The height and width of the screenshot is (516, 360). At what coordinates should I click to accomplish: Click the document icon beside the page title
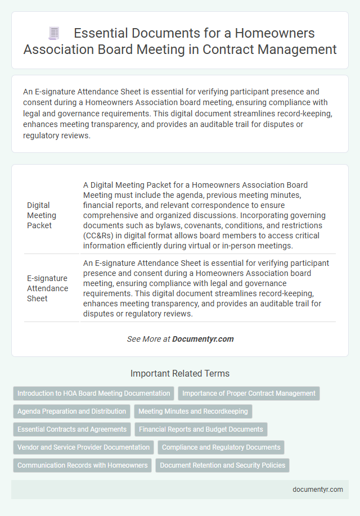(55, 34)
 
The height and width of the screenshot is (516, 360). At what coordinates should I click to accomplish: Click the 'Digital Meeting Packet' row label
(42, 215)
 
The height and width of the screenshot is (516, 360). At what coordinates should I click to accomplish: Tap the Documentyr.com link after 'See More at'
(202, 339)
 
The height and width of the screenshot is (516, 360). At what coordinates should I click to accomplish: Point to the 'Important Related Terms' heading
(180, 373)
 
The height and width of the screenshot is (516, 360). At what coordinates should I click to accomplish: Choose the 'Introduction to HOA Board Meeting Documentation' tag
(93, 393)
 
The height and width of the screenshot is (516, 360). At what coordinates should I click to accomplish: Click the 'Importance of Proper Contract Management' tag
(249, 393)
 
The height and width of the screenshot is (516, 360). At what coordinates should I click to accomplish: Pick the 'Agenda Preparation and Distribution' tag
(71, 411)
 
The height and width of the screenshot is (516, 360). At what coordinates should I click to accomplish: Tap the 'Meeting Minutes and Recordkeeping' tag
(193, 411)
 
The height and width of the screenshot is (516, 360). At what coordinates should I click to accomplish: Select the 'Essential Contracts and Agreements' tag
(72, 429)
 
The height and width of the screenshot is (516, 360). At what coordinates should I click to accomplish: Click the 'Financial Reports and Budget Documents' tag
(201, 429)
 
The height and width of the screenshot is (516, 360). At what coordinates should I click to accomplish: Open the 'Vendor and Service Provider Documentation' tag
(83, 447)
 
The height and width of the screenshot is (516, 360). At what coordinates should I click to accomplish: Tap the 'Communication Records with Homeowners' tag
(82, 465)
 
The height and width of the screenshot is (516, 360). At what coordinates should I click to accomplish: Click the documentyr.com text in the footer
(318, 490)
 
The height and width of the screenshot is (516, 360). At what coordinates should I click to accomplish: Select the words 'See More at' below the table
(148, 339)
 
